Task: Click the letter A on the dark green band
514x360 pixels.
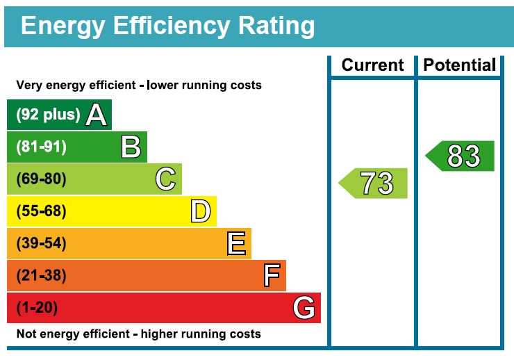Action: [x=97, y=115]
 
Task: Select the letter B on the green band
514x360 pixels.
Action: [x=131, y=147]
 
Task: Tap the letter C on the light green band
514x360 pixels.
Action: [x=165, y=179]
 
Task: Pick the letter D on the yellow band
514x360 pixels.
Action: [x=200, y=211]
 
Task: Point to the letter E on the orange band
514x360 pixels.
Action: [x=236, y=243]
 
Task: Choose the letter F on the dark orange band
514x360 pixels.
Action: [x=272, y=276]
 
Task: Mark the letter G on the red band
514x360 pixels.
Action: [x=304, y=307]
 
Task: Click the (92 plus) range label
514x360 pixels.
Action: [x=48, y=115]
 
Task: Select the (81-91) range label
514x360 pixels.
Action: [x=41, y=147]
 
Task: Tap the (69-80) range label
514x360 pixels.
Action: [x=41, y=179]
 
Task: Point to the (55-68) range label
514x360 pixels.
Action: [x=41, y=211]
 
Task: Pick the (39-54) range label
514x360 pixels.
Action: [x=41, y=243]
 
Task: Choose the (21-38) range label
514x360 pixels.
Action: [x=41, y=276]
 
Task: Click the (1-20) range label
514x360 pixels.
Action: [x=37, y=308]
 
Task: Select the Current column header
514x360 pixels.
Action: [x=372, y=65]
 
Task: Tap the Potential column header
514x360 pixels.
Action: [x=460, y=65]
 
